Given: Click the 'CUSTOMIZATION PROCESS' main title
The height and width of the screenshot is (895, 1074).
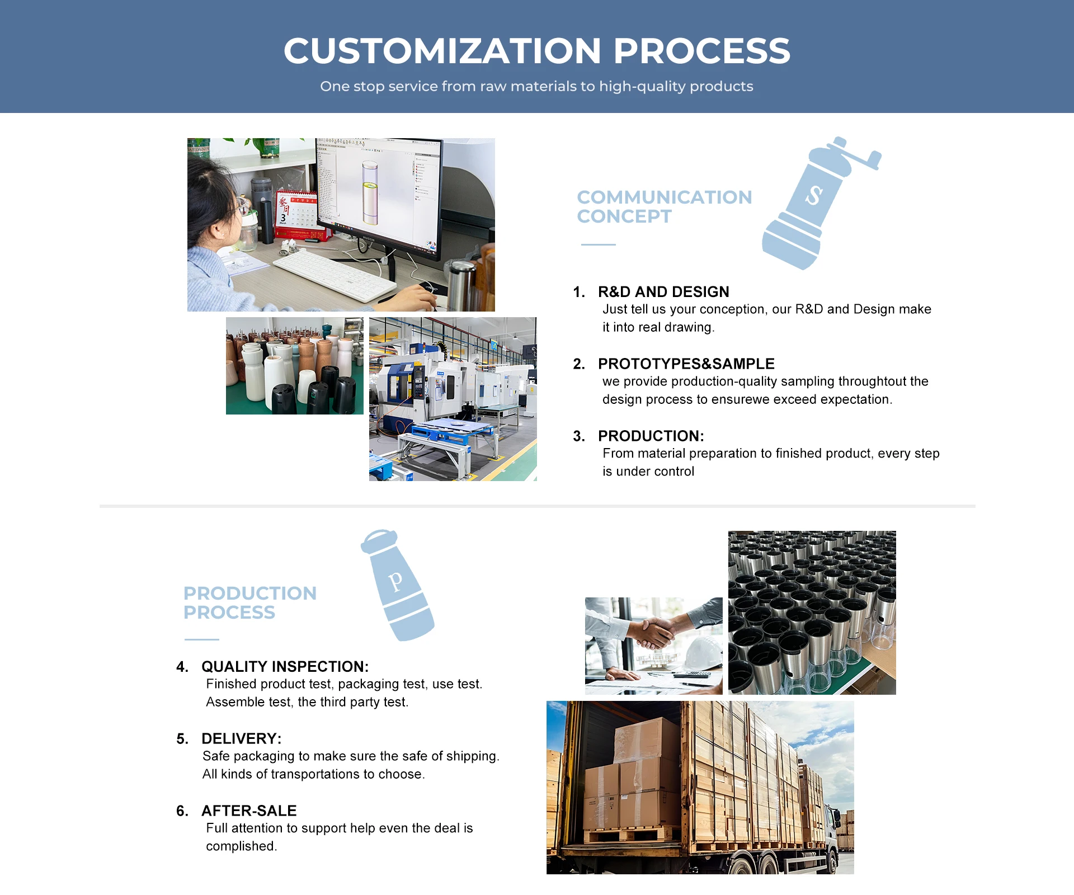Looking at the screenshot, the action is pyautogui.click(x=536, y=51).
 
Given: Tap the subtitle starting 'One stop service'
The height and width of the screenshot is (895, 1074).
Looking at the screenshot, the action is pyautogui.click(x=536, y=86).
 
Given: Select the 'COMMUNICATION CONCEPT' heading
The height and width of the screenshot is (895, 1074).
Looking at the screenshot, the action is pyautogui.click(x=664, y=206).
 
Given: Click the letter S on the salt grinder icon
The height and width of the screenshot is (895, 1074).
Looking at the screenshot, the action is pyautogui.click(x=814, y=195).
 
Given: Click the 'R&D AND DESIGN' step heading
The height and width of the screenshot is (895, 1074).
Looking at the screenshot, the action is pyautogui.click(x=663, y=291).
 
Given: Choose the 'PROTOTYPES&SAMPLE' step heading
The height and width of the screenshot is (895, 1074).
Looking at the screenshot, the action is pyautogui.click(x=686, y=364).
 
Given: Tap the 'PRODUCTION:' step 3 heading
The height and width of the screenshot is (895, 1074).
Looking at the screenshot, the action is pyautogui.click(x=651, y=436).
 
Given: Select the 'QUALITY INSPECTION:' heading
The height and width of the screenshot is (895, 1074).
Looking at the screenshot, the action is pyautogui.click(x=285, y=666).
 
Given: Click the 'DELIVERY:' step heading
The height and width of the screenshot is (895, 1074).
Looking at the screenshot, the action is pyautogui.click(x=241, y=738).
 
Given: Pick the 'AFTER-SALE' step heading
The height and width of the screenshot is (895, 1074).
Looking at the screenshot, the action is pyautogui.click(x=249, y=811).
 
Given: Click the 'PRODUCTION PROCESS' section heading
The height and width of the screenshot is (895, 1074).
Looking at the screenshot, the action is pyautogui.click(x=249, y=602).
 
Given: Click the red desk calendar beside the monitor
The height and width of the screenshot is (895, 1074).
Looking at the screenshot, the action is pyautogui.click(x=295, y=215).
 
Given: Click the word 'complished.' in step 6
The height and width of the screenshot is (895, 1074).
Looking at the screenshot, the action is pyautogui.click(x=241, y=846).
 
